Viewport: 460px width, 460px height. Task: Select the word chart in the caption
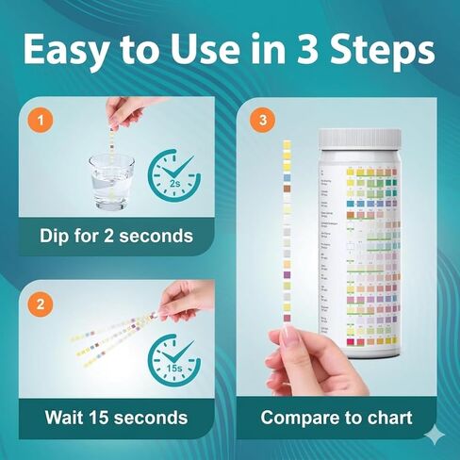(386, 417)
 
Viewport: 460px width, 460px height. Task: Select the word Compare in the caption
(300, 417)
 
